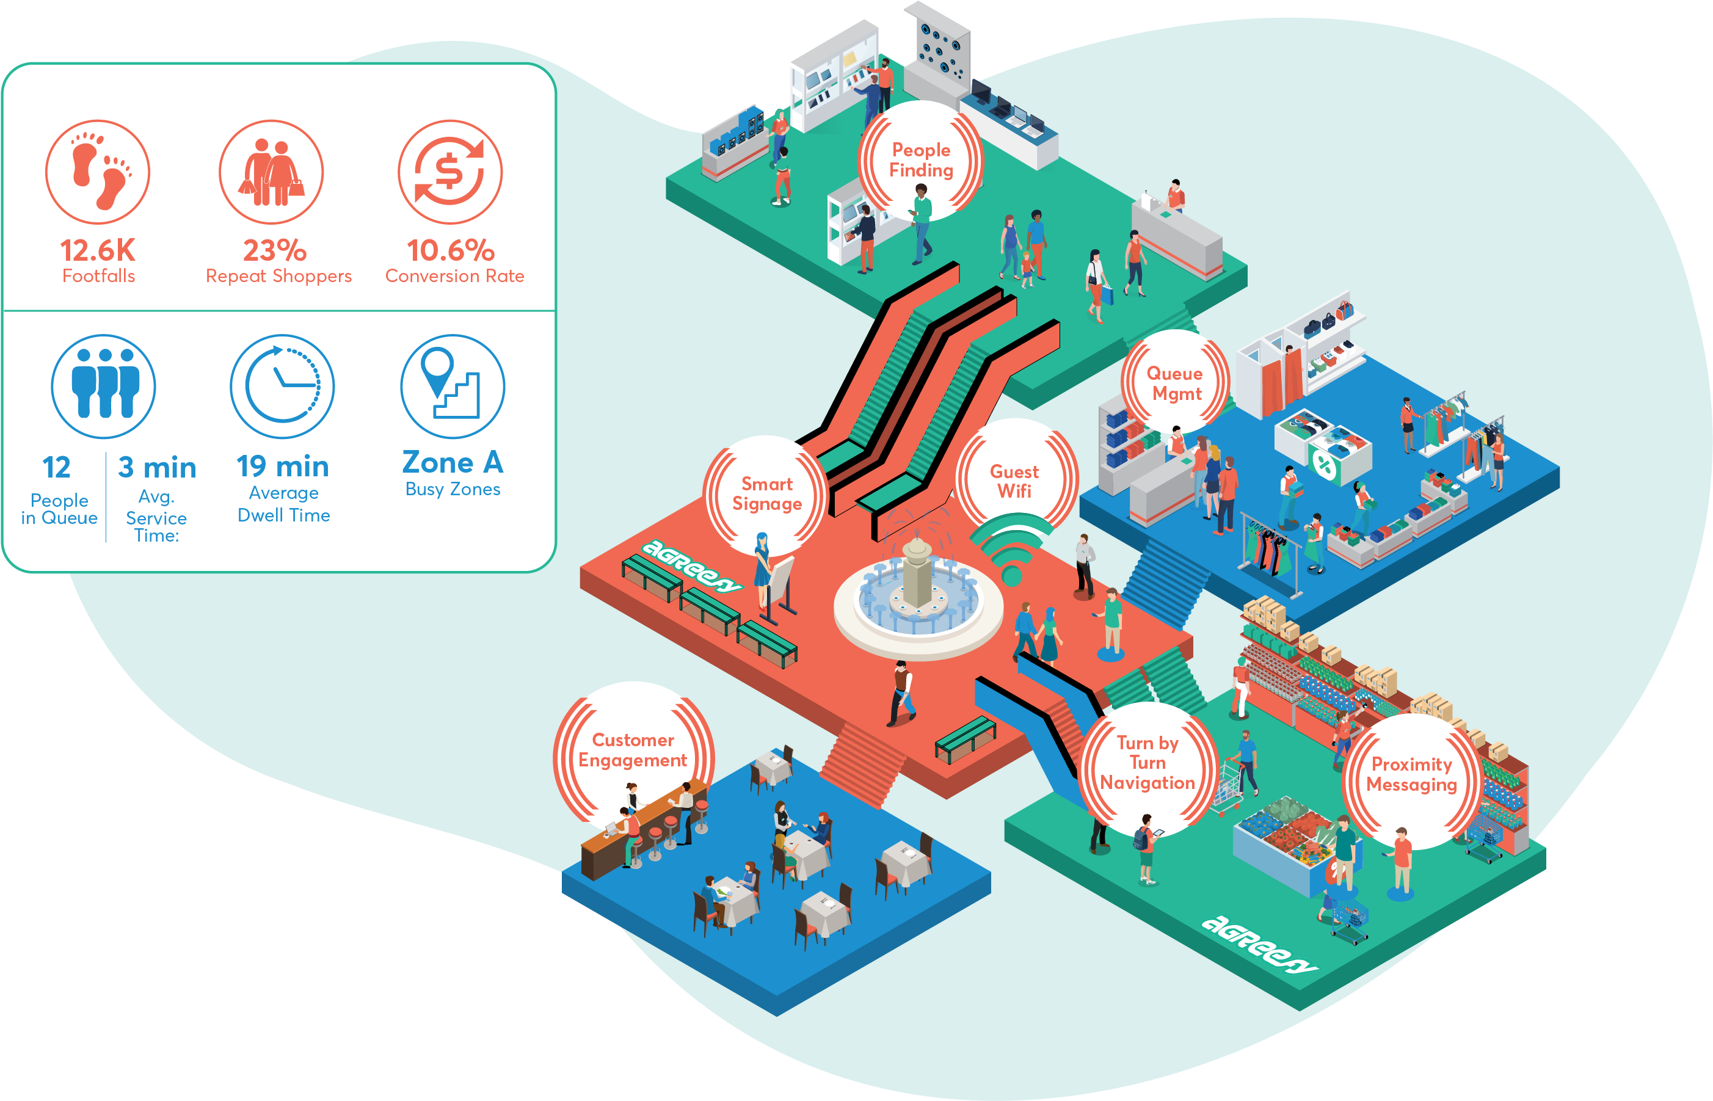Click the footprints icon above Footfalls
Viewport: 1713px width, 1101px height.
pyautogui.click(x=98, y=172)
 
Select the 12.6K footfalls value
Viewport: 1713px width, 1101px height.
pyautogui.click(x=98, y=251)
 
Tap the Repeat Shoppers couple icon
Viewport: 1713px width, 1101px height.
pyautogui.click(x=271, y=172)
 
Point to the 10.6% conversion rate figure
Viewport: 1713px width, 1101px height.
pyautogui.click(x=451, y=251)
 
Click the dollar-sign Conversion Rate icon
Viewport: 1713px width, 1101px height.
pyautogui.click(x=451, y=172)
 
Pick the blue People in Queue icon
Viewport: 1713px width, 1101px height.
pyautogui.click(x=104, y=386)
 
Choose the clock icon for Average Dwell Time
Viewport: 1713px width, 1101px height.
pyautogui.click(x=282, y=386)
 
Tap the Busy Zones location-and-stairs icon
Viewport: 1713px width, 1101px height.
pyautogui.click(x=453, y=386)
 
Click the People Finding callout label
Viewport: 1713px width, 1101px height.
pyautogui.click(x=921, y=160)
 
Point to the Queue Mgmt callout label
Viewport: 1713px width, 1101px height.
pyautogui.click(x=1174, y=383)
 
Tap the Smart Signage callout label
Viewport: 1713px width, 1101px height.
pyautogui.click(x=767, y=494)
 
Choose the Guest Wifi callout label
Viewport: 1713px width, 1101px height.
pyautogui.click(x=1014, y=481)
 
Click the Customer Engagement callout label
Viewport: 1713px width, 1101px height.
pyautogui.click(x=633, y=750)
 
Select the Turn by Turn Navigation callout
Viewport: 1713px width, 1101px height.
pyautogui.click(x=1147, y=763)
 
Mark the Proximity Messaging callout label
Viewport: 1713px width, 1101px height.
pyautogui.click(x=1411, y=774)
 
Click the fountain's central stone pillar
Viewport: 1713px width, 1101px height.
pyautogui.click(x=917, y=572)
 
